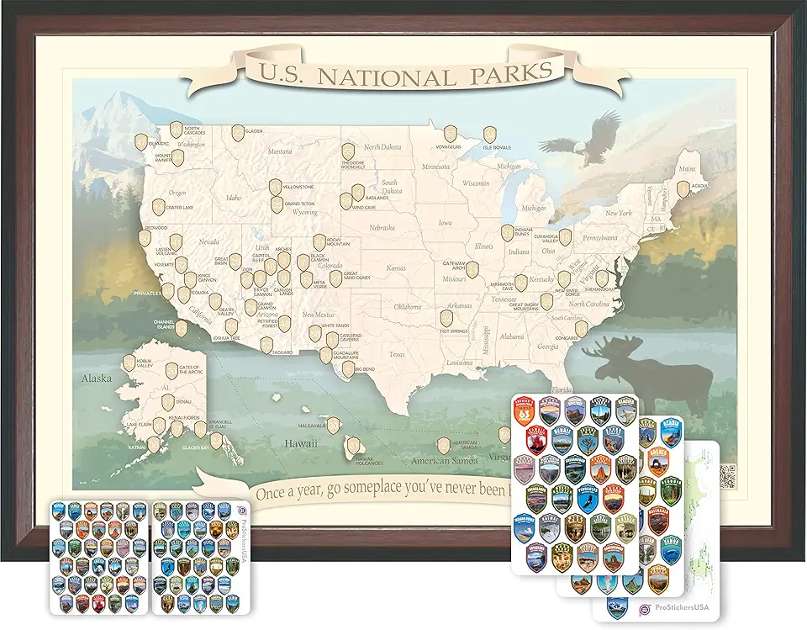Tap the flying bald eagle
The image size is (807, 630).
579,144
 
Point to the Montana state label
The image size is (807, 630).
279,151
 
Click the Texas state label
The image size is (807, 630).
397,354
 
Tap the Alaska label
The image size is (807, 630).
96,378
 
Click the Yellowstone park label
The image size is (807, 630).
298,186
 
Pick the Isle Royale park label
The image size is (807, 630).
497,147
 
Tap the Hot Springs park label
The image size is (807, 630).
454,331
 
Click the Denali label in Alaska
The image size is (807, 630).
183,403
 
